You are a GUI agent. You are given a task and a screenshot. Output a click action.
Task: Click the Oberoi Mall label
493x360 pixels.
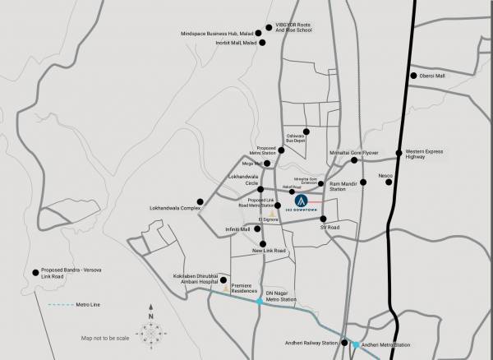[435, 76]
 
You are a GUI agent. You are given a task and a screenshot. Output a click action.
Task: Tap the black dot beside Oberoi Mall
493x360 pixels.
[413, 76]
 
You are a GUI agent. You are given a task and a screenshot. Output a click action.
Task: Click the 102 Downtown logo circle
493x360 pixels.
[302, 199]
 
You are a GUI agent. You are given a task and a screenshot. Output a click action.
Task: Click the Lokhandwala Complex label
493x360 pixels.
[174, 208]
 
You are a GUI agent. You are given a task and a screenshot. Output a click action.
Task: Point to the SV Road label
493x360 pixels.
[330, 228]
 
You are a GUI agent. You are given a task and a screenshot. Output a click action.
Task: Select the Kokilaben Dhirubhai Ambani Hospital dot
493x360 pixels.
[223, 279]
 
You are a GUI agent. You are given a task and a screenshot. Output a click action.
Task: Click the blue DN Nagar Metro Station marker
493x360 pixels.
[260, 302]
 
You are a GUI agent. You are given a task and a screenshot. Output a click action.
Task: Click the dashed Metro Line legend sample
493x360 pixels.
[60, 305]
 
